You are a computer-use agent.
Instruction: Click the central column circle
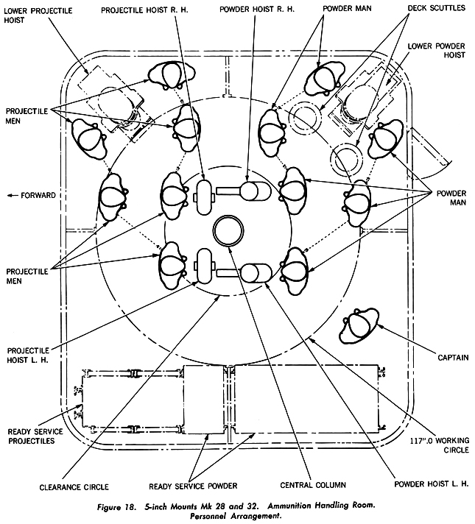[x=228, y=231]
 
